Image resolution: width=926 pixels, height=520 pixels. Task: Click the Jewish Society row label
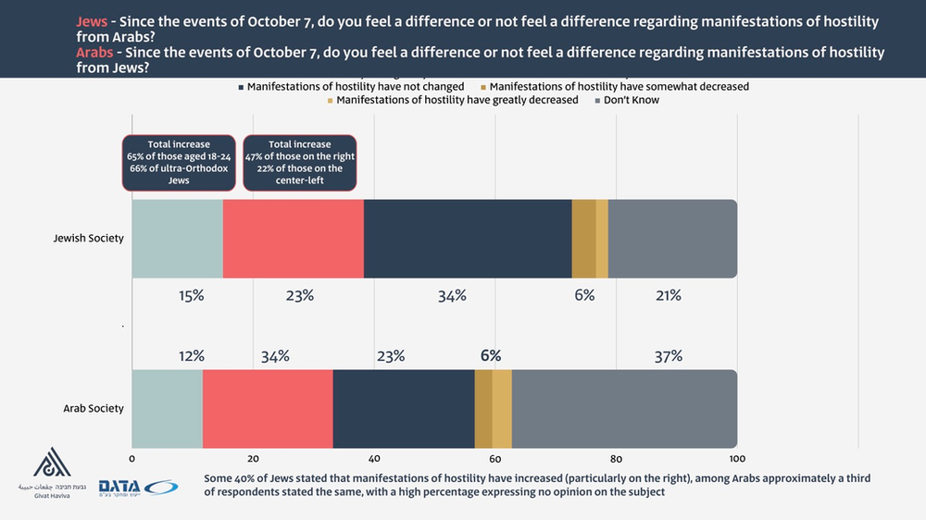point(88,239)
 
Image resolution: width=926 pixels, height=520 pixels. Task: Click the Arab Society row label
point(94,408)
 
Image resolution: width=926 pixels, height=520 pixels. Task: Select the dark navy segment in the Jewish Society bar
point(468,239)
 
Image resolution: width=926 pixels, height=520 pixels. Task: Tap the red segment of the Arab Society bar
point(268,408)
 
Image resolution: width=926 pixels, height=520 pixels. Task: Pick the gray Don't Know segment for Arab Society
point(624,408)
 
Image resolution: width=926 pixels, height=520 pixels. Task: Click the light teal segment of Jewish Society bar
point(177,239)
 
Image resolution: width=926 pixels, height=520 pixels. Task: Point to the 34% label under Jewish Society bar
point(452,296)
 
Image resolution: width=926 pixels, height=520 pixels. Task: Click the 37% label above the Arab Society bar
point(668,355)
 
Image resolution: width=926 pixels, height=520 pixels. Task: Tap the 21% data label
point(668,296)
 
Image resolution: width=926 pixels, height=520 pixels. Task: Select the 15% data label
point(191,296)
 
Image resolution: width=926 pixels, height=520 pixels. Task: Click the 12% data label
point(191,355)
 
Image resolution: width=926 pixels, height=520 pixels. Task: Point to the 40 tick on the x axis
point(374,458)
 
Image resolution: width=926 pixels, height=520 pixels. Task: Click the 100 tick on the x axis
point(737,458)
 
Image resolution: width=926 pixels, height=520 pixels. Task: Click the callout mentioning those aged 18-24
point(179,163)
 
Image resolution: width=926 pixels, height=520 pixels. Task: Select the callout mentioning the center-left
point(299,163)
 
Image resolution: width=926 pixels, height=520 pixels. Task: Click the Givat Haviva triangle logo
point(53,464)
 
